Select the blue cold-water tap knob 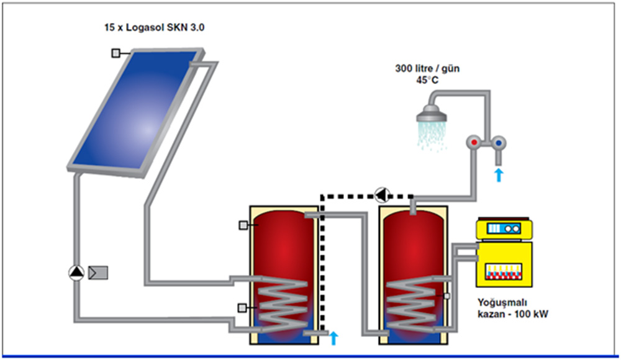click(x=499, y=143)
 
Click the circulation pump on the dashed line click(x=381, y=196)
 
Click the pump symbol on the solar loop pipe click(x=76, y=272)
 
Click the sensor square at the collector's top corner click(x=116, y=53)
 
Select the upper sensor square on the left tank click(x=243, y=225)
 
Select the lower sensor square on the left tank click(x=243, y=307)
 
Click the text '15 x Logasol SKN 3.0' click(x=145, y=28)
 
